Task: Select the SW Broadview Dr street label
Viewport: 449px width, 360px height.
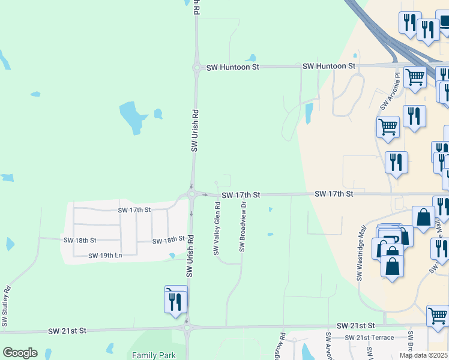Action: [x=243, y=227]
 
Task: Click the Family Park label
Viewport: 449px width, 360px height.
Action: [x=154, y=355]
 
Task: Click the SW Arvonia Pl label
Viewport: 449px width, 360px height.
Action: [x=384, y=91]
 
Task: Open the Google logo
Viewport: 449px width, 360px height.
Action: [x=20, y=352]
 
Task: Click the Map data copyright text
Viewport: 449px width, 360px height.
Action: [x=424, y=355]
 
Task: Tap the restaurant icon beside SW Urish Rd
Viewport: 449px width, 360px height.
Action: [x=176, y=300]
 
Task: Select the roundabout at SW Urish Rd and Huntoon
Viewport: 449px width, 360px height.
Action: [x=196, y=68]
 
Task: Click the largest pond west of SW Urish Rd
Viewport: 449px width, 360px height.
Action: [x=131, y=113]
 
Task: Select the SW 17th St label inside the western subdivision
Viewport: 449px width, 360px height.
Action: [x=134, y=210]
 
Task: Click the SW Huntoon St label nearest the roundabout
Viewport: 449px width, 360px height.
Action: [x=232, y=68]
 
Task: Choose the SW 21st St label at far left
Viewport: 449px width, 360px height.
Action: [x=67, y=331]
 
